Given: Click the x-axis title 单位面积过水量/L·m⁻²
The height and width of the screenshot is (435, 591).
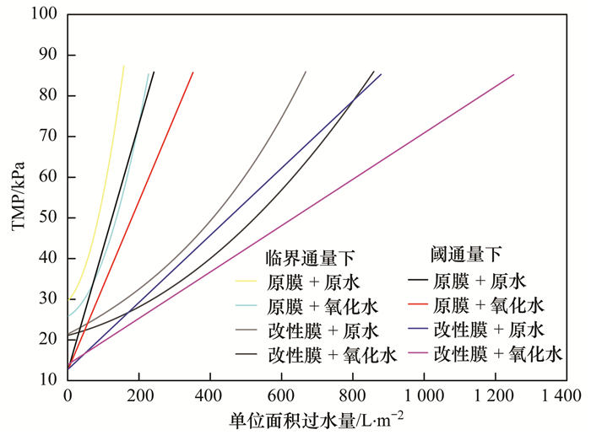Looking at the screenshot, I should pyautogui.click(x=313, y=419).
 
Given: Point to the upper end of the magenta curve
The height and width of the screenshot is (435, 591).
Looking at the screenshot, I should pyautogui.click(x=513, y=75).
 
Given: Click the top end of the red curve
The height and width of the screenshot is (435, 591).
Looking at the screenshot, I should pyautogui.click(x=193, y=72).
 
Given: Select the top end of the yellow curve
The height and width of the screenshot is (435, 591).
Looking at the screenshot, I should pyautogui.click(x=123, y=66).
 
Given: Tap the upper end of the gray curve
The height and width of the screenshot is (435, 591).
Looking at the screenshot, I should pyautogui.click(x=305, y=72).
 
